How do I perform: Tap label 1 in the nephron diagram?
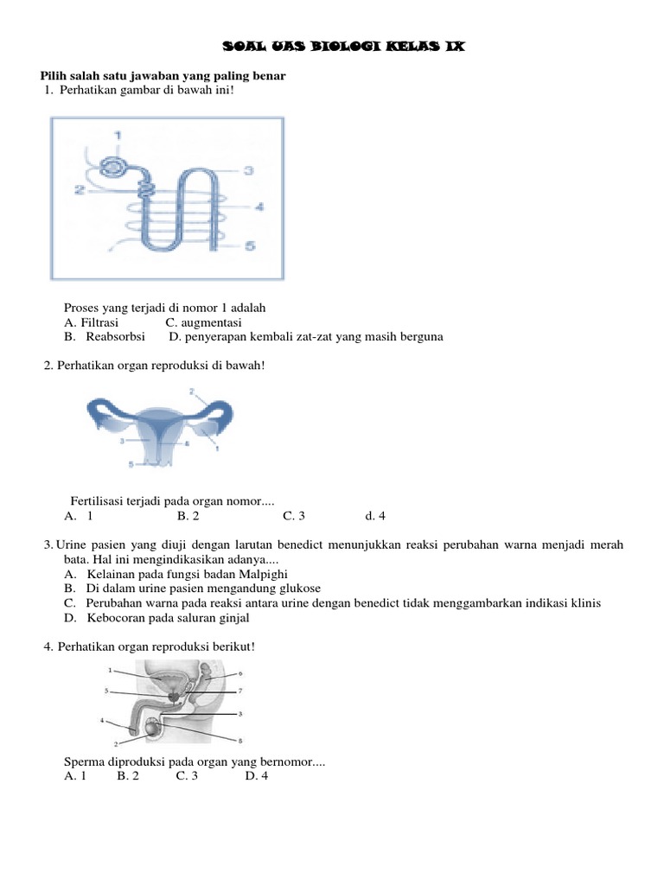[118, 135]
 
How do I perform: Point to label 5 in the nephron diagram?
[251, 246]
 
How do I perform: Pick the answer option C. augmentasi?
[203, 322]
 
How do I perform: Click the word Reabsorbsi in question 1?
[116, 337]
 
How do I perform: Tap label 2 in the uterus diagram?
[191, 392]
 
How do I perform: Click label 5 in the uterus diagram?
[131, 464]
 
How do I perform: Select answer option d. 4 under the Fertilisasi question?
[374, 516]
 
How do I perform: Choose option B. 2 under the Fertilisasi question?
[188, 516]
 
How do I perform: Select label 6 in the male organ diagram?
[239, 672]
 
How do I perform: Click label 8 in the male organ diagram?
[239, 741]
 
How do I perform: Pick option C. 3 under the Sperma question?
[187, 776]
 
